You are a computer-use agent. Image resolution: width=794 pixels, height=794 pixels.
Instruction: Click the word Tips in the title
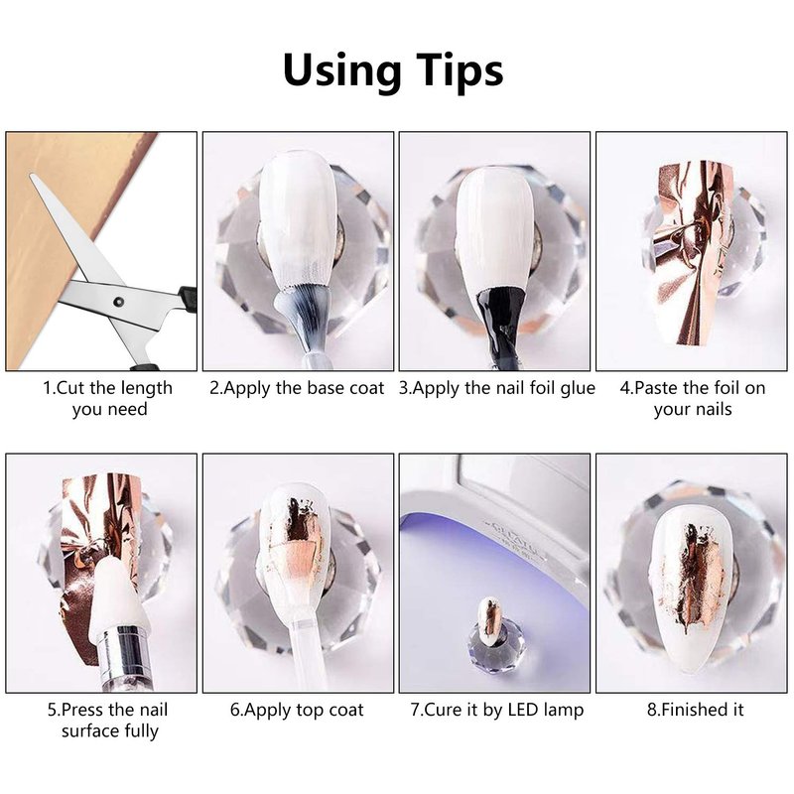pyautogui.click(x=460, y=70)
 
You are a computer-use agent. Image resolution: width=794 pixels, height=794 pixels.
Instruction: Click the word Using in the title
pyautogui.click(x=342, y=70)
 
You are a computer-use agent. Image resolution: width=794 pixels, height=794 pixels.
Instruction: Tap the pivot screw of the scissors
pyautogui.click(x=119, y=302)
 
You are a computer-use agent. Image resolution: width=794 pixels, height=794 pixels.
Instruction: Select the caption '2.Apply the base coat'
pyautogui.click(x=297, y=388)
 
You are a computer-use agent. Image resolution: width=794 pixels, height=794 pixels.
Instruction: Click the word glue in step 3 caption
pyautogui.click(x=577, y=389)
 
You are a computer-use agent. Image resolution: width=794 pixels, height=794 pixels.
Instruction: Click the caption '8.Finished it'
pyautogui.click(x=695, y=710)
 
